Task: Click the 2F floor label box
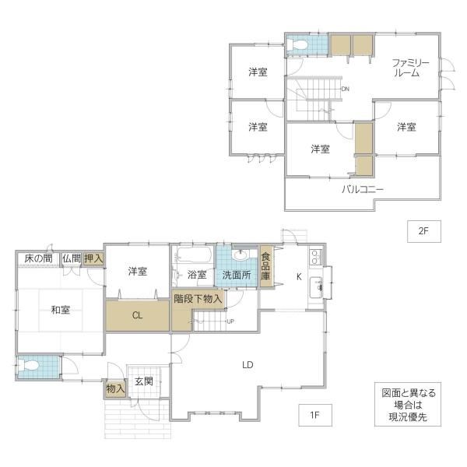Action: (424, 231)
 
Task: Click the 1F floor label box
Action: (314, 415)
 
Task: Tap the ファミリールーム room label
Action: (410, 68)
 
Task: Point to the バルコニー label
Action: (362, 189)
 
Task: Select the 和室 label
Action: (61, 310)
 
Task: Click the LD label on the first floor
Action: (248, 364)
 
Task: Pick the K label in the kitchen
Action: (299, 277)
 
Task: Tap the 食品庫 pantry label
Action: (265, 266)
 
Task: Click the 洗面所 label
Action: (237, 276)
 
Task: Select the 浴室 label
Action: (197, 275)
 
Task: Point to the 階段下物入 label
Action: (198, 298)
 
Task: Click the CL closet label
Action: (137, 315)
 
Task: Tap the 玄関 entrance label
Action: (144, 381)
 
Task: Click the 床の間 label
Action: (38, 258)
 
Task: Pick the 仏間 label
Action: (72, 258)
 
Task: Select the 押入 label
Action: (93, 258)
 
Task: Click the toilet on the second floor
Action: (298, 45)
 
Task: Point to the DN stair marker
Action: (345, 89)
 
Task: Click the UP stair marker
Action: (230, 321)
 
